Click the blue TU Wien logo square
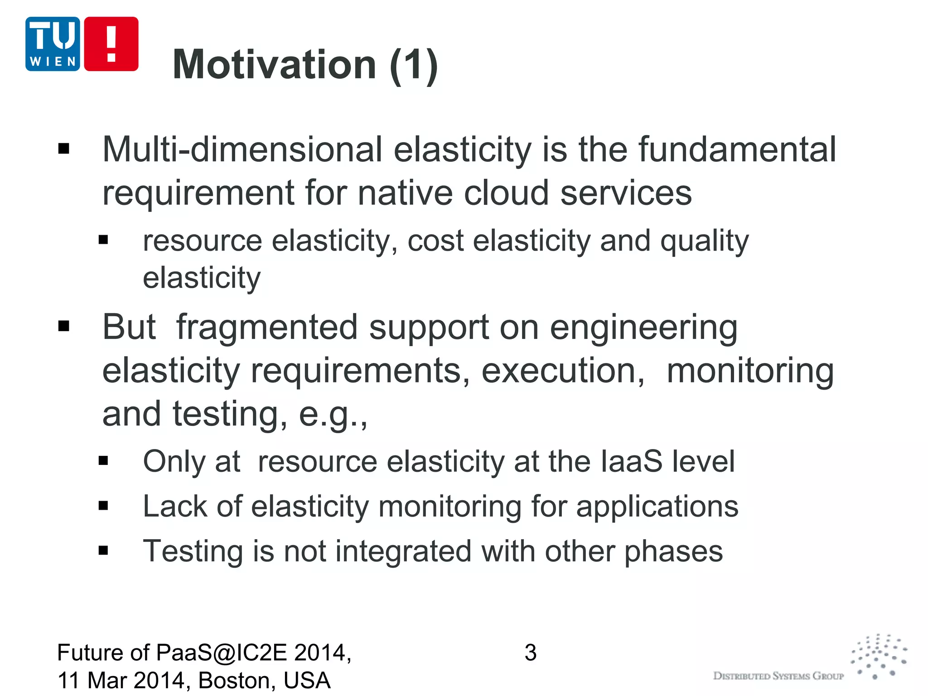click(53, 44)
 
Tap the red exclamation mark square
click(111, 44)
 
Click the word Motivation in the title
click(275, 65)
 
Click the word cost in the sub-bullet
click(435, 241)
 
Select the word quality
click(704, 242)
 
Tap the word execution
click(562, 371)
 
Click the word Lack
click(175, 506)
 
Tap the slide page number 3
click(530, 653)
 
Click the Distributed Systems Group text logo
click(778, 676)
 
